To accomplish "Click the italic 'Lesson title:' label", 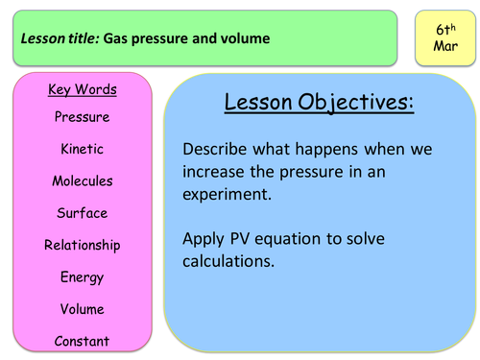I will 62,39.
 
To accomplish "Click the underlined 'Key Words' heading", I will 82,90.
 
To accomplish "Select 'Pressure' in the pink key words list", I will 82,117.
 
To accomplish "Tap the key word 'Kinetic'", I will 82,149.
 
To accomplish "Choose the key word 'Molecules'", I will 82,180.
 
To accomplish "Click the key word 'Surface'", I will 82,213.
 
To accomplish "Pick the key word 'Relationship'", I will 82,245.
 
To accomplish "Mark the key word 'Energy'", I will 82,277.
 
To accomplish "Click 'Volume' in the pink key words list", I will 82,309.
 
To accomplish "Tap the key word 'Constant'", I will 82,341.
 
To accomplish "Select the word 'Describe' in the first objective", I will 215,150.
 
